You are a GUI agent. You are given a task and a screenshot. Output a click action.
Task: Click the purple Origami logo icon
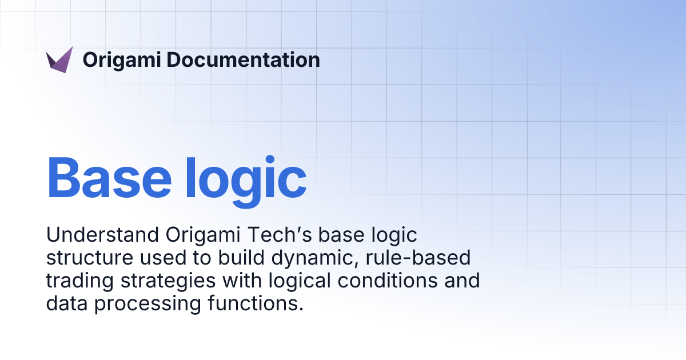59,60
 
